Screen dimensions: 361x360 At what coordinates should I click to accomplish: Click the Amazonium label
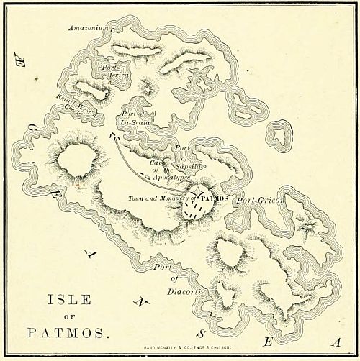(x=89, y=28)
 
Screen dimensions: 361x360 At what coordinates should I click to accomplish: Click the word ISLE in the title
(x=69, y=301)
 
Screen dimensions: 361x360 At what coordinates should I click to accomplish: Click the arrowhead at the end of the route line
(x=112, y=134)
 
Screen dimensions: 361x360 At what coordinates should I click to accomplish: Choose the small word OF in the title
(x=70, y=317)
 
